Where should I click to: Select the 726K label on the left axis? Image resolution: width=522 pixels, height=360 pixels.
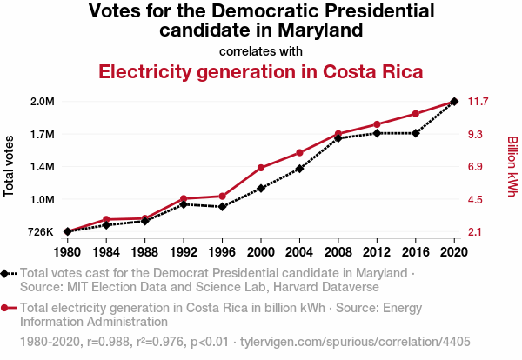(x=41, y=232)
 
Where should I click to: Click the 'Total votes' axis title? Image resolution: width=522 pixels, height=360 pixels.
(x=10, y=166)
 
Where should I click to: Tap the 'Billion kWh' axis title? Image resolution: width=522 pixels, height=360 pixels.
(x=512, y=166)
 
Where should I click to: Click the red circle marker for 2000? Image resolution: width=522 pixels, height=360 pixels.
(x=261, y=168)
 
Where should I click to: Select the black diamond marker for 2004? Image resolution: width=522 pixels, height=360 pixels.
(x=300, y=168)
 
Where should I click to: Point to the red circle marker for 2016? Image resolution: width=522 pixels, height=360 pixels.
(x=416, y=114)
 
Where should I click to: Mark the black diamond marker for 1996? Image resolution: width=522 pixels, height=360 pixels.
(x=223, y=206)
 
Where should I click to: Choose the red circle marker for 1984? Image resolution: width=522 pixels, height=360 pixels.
(x=106, y=219)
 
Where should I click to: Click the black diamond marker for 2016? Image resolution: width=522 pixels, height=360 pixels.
(x=416, y=133)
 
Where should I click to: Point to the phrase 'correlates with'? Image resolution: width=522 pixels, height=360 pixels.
(x=261, y=50)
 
